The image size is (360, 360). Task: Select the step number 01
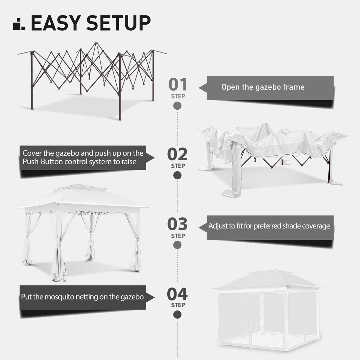[178, 85]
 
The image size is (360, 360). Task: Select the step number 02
[178, 154]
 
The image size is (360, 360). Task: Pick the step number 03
[178, 224]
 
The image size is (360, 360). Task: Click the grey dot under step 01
[178, 105]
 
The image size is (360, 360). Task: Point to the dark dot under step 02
[178, 175]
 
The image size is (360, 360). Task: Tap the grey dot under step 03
[178, 245]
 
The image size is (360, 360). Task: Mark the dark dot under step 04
[178, 315]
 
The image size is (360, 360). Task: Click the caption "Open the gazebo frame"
[263, 87]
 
